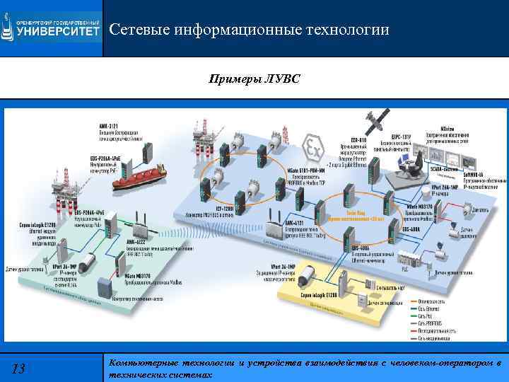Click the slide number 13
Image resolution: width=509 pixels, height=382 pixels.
point(19,369)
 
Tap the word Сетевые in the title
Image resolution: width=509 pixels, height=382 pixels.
point(141,30)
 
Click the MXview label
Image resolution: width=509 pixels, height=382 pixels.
point(447,128)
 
